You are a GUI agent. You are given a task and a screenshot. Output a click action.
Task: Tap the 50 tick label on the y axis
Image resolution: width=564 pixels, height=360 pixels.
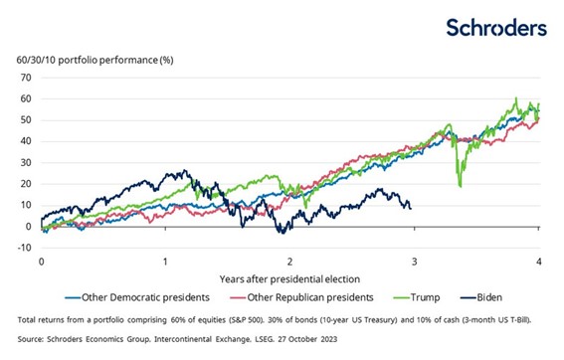click(28, 120)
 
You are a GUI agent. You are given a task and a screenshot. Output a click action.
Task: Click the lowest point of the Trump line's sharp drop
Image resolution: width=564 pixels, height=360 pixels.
click(459, 186)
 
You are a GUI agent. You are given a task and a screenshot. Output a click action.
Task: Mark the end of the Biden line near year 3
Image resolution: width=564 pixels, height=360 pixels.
click(411, 208)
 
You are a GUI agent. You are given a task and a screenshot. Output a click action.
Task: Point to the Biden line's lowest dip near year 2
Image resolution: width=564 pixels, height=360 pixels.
click(282, 233)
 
